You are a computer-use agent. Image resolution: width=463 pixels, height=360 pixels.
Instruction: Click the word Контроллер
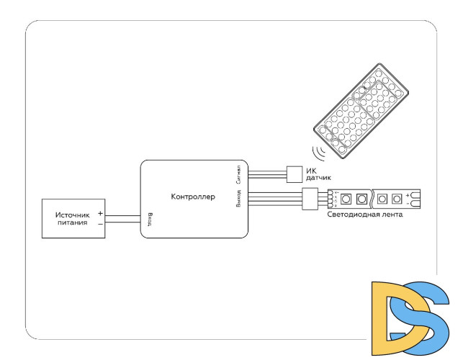tap(193, 197)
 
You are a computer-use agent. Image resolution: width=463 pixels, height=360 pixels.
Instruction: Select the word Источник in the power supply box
tap(72, 215)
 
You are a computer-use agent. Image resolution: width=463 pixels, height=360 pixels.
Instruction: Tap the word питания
tap(73, 223)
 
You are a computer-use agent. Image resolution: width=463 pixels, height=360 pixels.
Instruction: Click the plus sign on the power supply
tap(100, 214)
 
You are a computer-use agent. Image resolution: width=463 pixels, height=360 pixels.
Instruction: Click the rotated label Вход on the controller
tap(149, 218)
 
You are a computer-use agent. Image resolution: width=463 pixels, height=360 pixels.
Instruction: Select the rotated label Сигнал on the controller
tap(239, 173)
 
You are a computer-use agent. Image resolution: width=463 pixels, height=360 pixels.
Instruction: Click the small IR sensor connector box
tap(295, 174)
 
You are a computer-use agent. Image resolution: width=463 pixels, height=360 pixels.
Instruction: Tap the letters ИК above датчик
tap(311, 171)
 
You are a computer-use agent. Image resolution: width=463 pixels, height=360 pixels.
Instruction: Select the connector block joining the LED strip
tap(310, 198)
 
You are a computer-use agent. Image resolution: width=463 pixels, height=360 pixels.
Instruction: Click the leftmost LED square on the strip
tap(346, 197)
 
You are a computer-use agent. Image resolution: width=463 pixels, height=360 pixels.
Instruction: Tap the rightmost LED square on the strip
tap(396, 197)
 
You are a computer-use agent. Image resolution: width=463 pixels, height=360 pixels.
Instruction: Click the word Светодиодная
tap(354, 215)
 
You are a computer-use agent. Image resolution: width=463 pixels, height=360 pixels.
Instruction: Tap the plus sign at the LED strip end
tap(408, 194)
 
